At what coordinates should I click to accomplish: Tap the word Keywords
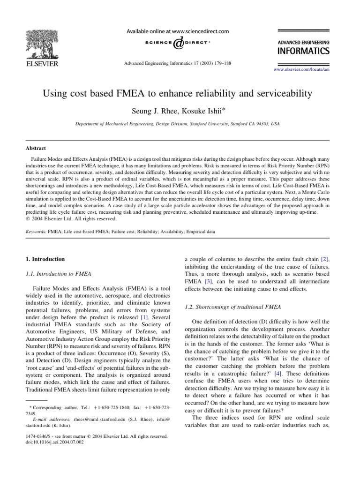pyautogui.click(x=36, y=232)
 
